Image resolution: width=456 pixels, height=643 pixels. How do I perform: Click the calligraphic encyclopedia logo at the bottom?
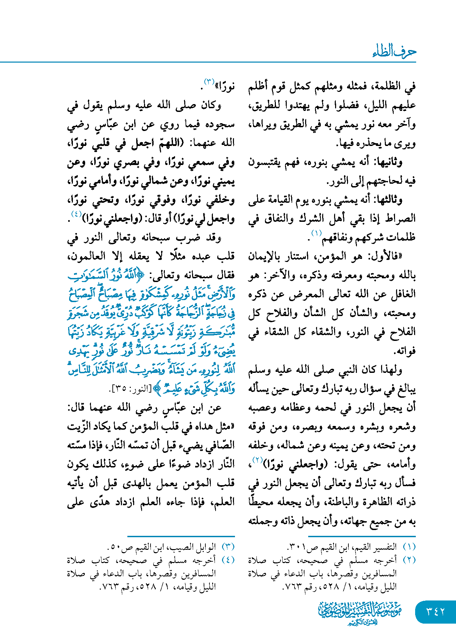360,612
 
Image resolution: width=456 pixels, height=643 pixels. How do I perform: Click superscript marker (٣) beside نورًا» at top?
209,82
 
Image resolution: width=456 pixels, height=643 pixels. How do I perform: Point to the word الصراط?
400,218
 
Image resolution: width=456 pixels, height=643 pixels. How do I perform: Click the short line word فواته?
405,351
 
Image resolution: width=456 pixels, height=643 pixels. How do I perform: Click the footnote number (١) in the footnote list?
409,547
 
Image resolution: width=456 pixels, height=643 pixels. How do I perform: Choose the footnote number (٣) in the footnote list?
228,547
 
